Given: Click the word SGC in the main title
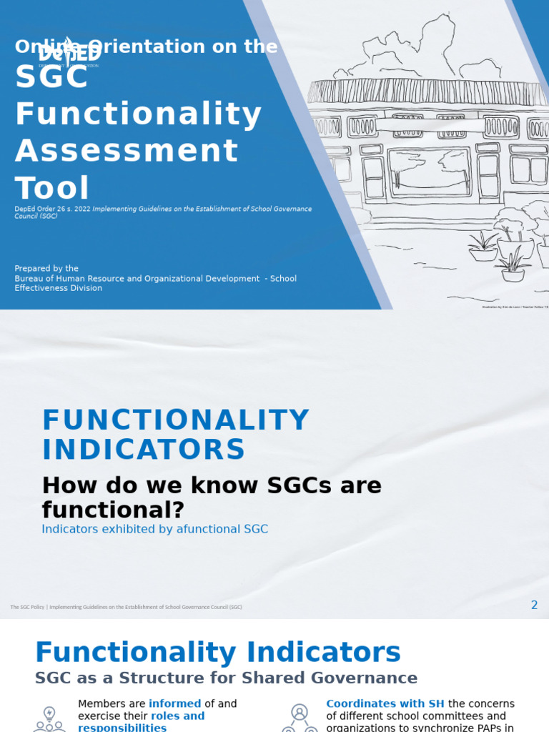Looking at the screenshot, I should (x=51, y=77).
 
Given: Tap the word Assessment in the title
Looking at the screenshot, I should (x=127, y=151).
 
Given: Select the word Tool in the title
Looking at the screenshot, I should (x=52, y=188).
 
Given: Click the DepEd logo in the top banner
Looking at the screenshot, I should (x=69, y=53).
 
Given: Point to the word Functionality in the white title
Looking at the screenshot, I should (x=139, y=114).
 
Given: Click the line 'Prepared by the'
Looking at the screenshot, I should (x=46, y=269).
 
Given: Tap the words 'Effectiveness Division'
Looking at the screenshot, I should (x=59, y=288).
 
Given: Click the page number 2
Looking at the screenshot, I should (x=534, y=605).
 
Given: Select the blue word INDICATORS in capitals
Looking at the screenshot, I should (x=144, y=450).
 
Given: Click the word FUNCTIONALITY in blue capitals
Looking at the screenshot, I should (x=176, y=420).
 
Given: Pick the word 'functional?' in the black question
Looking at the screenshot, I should (x=113, y=510).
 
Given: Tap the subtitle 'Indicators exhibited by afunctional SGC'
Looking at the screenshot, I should (x=155, y=530).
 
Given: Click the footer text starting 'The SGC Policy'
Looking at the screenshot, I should (x=126, y=607).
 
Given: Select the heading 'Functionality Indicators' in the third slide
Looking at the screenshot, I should (x=218, y=653).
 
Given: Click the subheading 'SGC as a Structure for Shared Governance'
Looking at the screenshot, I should (x=226, y=678).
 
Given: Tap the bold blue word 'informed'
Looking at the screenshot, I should (x=174, y=704).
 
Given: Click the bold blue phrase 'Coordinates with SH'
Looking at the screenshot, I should (x=385, y=704).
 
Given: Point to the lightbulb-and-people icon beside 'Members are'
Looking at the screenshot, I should (x=49, y=718).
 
